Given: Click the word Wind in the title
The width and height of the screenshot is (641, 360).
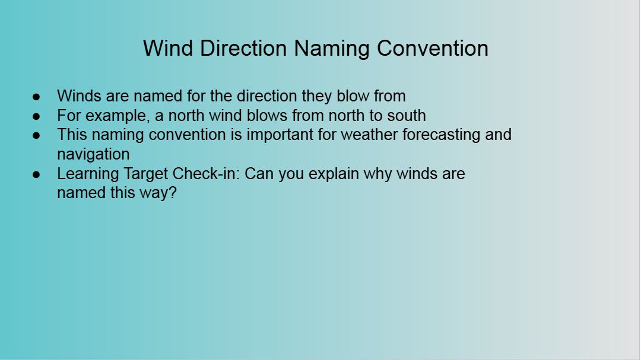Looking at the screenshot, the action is pyautogui.click(x=167, y=48).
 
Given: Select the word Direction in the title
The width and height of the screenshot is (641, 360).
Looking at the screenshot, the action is pyautogui.click(x=243, y=48).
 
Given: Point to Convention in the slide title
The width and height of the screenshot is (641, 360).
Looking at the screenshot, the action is pyautogui.click(x=433, y=48).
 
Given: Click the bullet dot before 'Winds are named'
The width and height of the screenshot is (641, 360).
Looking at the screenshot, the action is pyautogui.click(x=36, y=97).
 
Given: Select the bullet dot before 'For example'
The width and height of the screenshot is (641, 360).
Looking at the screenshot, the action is pyautogui.click(x=36, y=116).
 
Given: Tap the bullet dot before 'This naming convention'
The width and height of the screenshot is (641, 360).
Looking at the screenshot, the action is pyautogui.click(x=36, y=135).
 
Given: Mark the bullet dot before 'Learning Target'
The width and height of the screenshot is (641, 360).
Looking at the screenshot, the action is pyautogui.click(x=36, y=174).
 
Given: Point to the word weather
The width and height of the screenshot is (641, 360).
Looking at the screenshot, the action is pyautogui.click(x=369, y=135).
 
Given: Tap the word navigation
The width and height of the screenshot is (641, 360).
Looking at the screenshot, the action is pyautogui.click(x=93, y=155).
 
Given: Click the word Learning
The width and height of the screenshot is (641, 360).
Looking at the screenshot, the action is pyautogui.click(x=88, y=174).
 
